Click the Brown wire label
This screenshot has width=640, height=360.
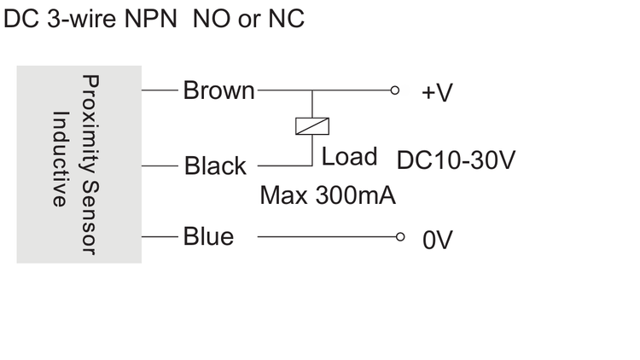(218, 90)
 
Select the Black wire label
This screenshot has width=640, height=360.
(215, 165)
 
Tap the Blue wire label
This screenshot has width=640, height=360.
(208, 236)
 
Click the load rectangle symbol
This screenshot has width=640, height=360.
(312, 126)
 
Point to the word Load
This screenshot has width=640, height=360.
(349, 156)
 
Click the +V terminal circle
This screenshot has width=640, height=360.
(395, 90)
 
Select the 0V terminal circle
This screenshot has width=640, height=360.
(400, 237)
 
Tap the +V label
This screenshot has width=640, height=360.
(437, 93)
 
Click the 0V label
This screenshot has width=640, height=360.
(438, 240)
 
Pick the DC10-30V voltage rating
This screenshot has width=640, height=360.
(456, 160)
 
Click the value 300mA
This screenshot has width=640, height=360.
(356, 195)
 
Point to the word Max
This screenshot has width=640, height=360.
(283, 195)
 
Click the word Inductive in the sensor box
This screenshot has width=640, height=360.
(60, 159)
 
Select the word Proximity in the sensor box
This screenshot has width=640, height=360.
(90, 124)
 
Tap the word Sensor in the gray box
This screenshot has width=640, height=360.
(90, 218)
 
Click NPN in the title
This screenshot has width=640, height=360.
(150, 19)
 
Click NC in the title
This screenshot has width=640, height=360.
(286, 19)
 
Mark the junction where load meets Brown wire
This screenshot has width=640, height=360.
(312, 90)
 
